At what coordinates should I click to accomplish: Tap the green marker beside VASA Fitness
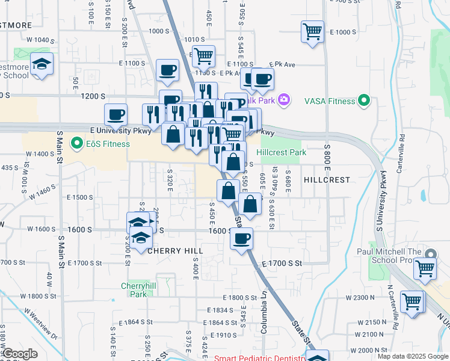(x=363, y=101)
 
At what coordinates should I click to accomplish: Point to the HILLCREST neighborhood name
(x=327, y=180)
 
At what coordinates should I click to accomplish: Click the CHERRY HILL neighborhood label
(x=176, y=250)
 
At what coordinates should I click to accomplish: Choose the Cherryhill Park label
(x=134, y=290)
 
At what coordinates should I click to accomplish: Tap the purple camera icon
(x=283, y=100)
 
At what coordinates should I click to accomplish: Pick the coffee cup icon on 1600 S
(x=242, y=238)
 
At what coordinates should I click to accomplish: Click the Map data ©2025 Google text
(x=412, y=356)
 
